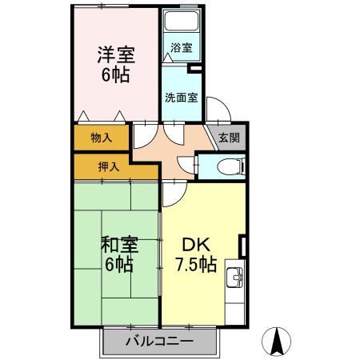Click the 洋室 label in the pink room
click(116, 56)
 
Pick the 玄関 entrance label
click(229, 137)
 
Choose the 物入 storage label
click(101, 138)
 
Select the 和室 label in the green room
click(117, 244)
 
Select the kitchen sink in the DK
click(234, 278)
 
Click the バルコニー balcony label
click(159, 342)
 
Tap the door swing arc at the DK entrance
click(174, 192)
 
